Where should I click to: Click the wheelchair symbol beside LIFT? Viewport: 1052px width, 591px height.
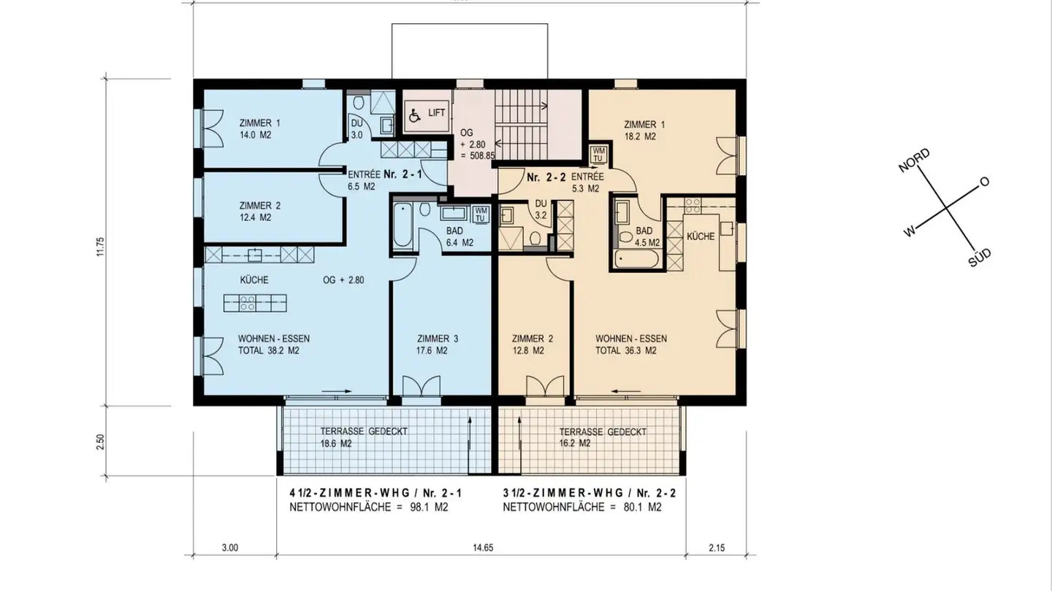coord(413,115)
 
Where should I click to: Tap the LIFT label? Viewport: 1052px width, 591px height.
coord(437,113)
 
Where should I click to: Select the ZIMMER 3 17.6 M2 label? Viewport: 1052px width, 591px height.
coord(438,344)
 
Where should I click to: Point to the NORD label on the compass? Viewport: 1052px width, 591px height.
coord(915,161)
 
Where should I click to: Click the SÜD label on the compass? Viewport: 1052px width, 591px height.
coord(980,257)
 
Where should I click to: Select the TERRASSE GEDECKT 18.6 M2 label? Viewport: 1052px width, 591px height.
coord(354,437)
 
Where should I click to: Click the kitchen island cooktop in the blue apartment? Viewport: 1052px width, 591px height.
coord(246,302)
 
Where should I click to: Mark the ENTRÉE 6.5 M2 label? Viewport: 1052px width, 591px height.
coord(363,180)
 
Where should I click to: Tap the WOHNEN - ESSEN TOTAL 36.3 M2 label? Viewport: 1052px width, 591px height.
coord(630,344)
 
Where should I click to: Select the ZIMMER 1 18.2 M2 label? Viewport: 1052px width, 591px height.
coord(644,130)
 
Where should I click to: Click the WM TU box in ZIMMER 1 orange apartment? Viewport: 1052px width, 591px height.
coord(598,155)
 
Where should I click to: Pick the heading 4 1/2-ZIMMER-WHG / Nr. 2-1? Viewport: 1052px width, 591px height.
coord(376,494)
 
